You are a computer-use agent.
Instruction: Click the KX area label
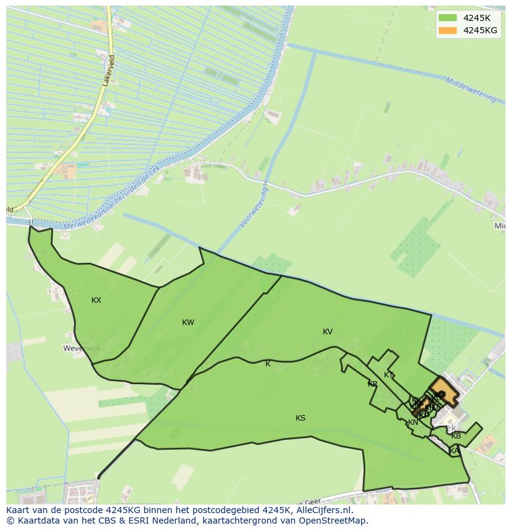[x=96, y=300]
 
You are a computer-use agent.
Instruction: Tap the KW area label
[x=188, y=323]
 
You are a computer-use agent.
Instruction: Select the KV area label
[x=328, y=332]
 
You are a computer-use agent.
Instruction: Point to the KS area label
[x=301, y=418]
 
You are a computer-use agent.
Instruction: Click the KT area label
[x=389, y=375]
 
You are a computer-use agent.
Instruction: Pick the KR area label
[x=373, y=384]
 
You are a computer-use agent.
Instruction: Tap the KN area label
[x=413, y=422]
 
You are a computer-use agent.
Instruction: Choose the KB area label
[x=456, y=436]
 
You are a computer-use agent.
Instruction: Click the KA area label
[x=454, y=451]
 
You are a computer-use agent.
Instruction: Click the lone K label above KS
[x=268, y=364]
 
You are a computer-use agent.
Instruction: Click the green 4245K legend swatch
[x=447, y=18]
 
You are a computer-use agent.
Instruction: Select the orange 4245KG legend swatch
[x=447, y=30]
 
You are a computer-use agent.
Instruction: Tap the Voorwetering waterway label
[x=254, y=207]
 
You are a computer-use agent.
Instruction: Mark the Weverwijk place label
[x=81, y=348]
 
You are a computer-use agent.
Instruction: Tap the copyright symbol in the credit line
[x=10, y=521]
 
